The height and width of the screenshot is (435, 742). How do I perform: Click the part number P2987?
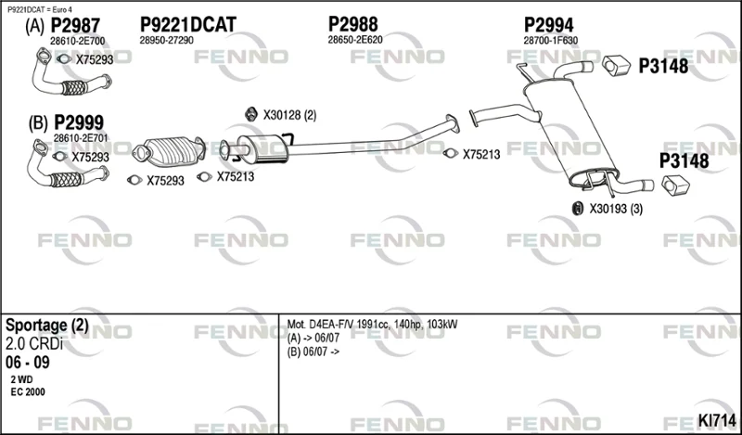(75, 25)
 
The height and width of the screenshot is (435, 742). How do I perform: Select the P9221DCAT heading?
(188, 25)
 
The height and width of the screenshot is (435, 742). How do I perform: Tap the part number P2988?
(353, 24)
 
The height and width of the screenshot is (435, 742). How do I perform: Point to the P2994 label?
(548, 25)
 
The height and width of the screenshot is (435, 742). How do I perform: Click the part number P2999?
(79, 123)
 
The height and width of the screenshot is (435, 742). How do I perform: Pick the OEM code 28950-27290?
(166, 41)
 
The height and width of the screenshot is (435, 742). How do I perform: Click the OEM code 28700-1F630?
(550, 41)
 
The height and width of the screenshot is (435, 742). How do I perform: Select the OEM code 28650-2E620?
(355, 40)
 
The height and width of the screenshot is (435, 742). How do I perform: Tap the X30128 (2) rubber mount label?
(289, 115)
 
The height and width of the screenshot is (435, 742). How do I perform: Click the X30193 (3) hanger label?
(616, 209)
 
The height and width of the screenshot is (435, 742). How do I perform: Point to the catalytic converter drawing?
(169, 151)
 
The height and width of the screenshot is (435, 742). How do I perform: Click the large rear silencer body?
(570, 134)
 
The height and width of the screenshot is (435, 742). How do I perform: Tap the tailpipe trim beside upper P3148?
(616, 66)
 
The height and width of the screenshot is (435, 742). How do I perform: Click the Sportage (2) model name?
(47, 326)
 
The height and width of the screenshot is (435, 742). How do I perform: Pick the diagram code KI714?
(717, 420)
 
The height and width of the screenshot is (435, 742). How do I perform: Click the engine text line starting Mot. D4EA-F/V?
(372, 325)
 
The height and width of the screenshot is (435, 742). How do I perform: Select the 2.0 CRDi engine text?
(34, 344)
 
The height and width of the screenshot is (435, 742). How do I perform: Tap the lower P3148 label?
(684, 161)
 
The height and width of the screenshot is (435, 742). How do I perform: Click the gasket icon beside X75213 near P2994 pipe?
(451, 153)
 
